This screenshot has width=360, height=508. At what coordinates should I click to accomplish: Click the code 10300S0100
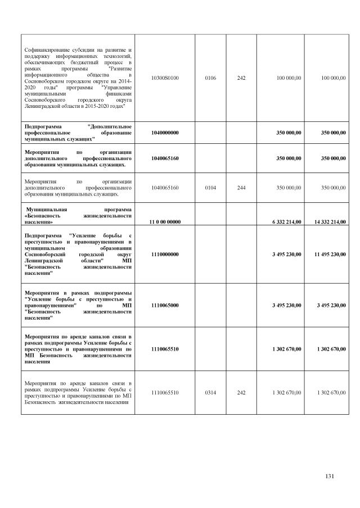point(165,77)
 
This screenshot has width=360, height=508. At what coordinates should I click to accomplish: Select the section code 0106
point(210,77)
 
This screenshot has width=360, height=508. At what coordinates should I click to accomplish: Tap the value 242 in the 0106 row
point(241,77)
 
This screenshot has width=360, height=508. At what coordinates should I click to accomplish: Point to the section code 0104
point(210,187)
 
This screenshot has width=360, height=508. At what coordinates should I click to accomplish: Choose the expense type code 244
point(241,187)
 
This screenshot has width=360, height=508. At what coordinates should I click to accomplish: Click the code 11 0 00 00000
point(165,221)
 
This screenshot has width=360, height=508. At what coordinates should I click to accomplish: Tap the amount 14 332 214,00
point(326,221)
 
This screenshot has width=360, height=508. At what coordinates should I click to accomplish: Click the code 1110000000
point(165,254)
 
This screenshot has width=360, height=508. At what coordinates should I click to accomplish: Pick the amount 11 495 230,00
point(326,254)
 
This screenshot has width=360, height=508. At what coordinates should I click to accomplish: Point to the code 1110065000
point(165,305)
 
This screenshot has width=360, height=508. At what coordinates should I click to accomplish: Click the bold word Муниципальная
point(48,208)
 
